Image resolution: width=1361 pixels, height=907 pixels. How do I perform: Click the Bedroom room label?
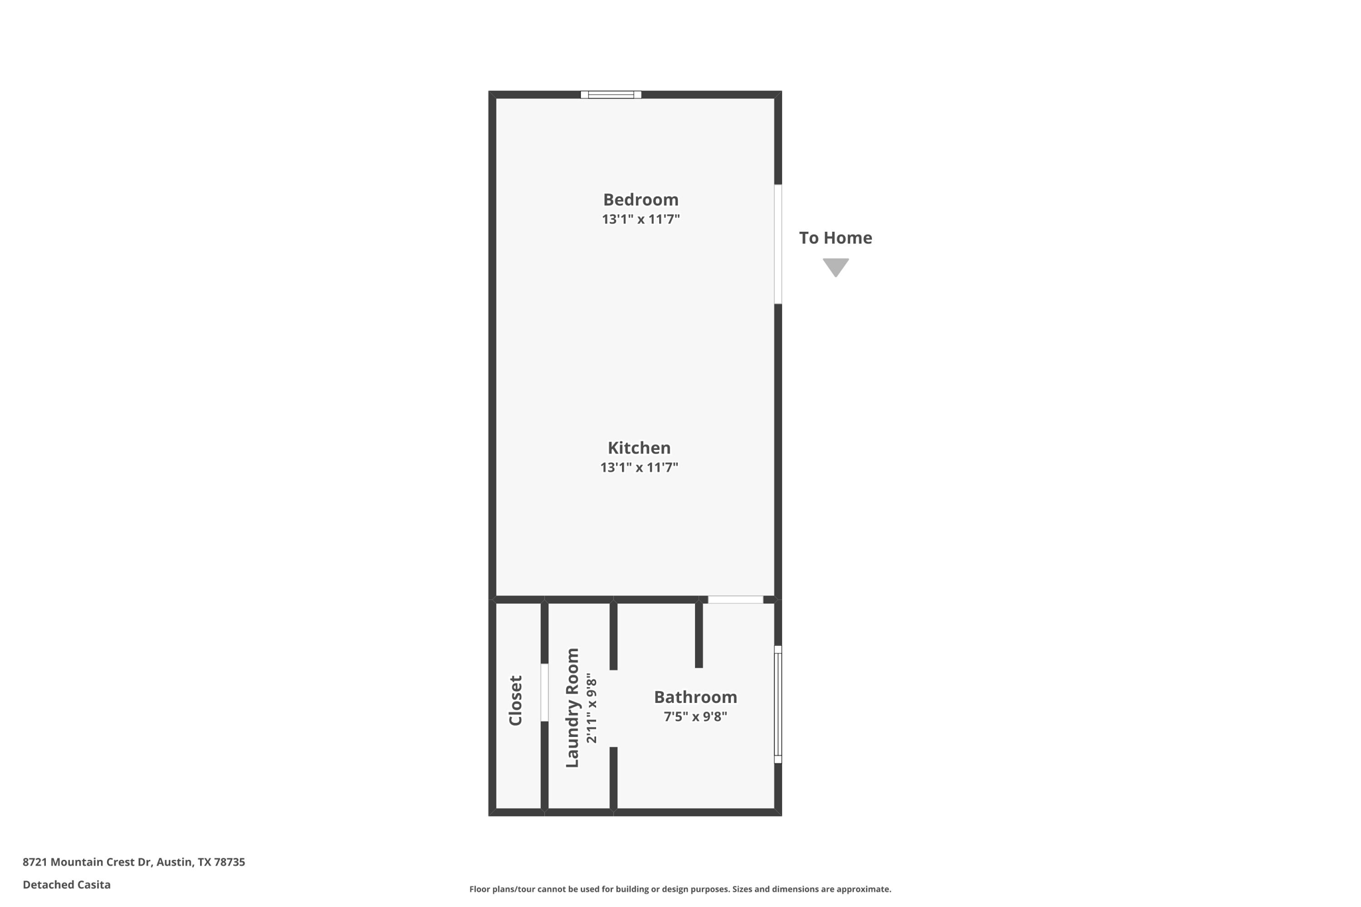(640, 199)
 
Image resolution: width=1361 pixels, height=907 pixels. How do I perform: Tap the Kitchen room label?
(639, 448)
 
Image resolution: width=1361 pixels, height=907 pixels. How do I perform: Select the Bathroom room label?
(695, 697)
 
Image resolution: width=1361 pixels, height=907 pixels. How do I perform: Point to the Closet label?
(516, 700)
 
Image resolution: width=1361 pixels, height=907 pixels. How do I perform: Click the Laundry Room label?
(572, 708)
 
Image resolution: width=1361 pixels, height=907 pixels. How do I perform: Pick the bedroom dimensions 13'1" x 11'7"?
(640, 219)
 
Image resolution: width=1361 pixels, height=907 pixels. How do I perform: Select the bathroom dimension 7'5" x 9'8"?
(695, 716)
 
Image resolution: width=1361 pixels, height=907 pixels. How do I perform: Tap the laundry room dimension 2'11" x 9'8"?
(591, 708)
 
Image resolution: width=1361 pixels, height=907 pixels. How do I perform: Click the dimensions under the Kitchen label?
(639, 467)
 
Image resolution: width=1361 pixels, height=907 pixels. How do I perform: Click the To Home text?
(835, 238)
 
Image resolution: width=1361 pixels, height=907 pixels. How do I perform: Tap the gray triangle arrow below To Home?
(835, 266)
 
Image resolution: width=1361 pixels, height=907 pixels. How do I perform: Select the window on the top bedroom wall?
(611, 95)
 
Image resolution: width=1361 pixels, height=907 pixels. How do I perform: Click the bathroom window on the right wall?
(778, 704)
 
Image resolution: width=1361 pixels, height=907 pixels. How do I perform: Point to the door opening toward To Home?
(778, 244)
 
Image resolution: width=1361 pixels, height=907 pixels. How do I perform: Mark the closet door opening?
(544, 692)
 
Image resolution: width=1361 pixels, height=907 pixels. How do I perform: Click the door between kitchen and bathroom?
(735, 600)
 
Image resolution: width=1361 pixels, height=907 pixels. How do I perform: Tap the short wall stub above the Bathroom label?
(698, 635)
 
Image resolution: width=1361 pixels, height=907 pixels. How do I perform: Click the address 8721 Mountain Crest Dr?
(134, 862)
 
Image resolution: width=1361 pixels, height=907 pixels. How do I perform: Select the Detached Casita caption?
(66, 884)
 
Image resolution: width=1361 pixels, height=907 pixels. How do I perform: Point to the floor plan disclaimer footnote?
(680, 889)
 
